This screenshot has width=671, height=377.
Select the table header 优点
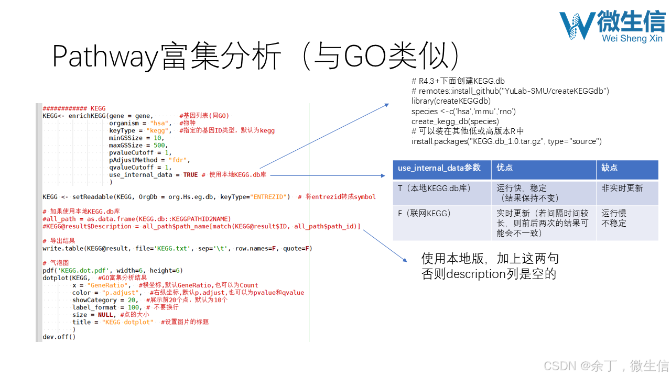[x=505, y=168]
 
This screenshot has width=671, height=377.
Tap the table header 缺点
[x=610, y=168]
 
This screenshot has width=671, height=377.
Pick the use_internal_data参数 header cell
[x=439, y=168]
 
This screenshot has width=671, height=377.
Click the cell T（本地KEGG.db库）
[x=433, y=188]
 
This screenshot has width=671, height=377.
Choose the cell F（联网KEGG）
[x=425, y=213]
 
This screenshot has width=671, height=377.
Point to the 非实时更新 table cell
[x=622, y=188]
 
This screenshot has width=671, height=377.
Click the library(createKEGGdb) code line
[x=451, y=101]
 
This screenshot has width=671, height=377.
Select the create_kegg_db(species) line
[x=455, y=121]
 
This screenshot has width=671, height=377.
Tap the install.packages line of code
[x=506, y=141]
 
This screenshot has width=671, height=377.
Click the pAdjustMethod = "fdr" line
[x=149, y=160]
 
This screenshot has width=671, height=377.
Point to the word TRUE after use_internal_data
[x=190, y=174]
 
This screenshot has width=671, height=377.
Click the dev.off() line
[x=59, y=337]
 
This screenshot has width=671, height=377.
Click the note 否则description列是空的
[x=489, y=274]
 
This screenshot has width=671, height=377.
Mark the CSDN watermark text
[x=606, y=365]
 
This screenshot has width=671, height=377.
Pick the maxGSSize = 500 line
[x=138, y=145]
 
